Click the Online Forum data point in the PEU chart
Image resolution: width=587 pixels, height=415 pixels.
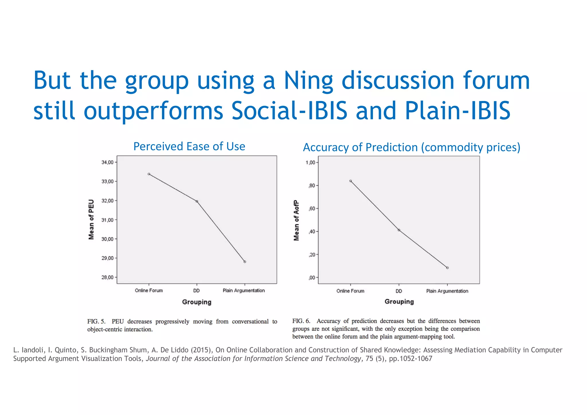[x=149, y=174]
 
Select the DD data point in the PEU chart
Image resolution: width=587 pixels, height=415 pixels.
[x=197, y=201]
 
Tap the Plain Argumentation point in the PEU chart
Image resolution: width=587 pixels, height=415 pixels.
[x=245, y=262]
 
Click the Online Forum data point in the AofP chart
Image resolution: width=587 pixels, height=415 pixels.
[x=351, y=181]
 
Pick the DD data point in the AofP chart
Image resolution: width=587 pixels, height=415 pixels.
[x=399, y=230]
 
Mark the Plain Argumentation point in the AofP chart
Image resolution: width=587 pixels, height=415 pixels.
[x=447, y=268]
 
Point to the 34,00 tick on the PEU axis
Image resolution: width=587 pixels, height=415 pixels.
[x=107, y=162]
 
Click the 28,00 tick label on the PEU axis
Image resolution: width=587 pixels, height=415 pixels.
[x=107, y=277]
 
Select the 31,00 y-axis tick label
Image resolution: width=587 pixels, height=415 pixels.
[x=107, y=220]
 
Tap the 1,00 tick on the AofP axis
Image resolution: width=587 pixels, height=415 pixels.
[x=310, y=163]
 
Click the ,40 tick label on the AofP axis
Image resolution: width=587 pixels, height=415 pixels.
[x=312, y=232]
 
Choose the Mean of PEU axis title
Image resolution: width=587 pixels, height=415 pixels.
[x=91, y=219]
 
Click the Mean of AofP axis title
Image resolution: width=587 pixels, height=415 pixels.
[x=296, y=220]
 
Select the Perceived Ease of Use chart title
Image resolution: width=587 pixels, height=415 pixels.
[x=189, y=147]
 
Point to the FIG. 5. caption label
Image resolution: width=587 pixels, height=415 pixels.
[x=96, y=322]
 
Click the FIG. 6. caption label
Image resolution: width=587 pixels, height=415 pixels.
[x=301, y=321]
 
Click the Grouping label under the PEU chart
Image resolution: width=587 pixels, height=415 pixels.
[x=197, y=302]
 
